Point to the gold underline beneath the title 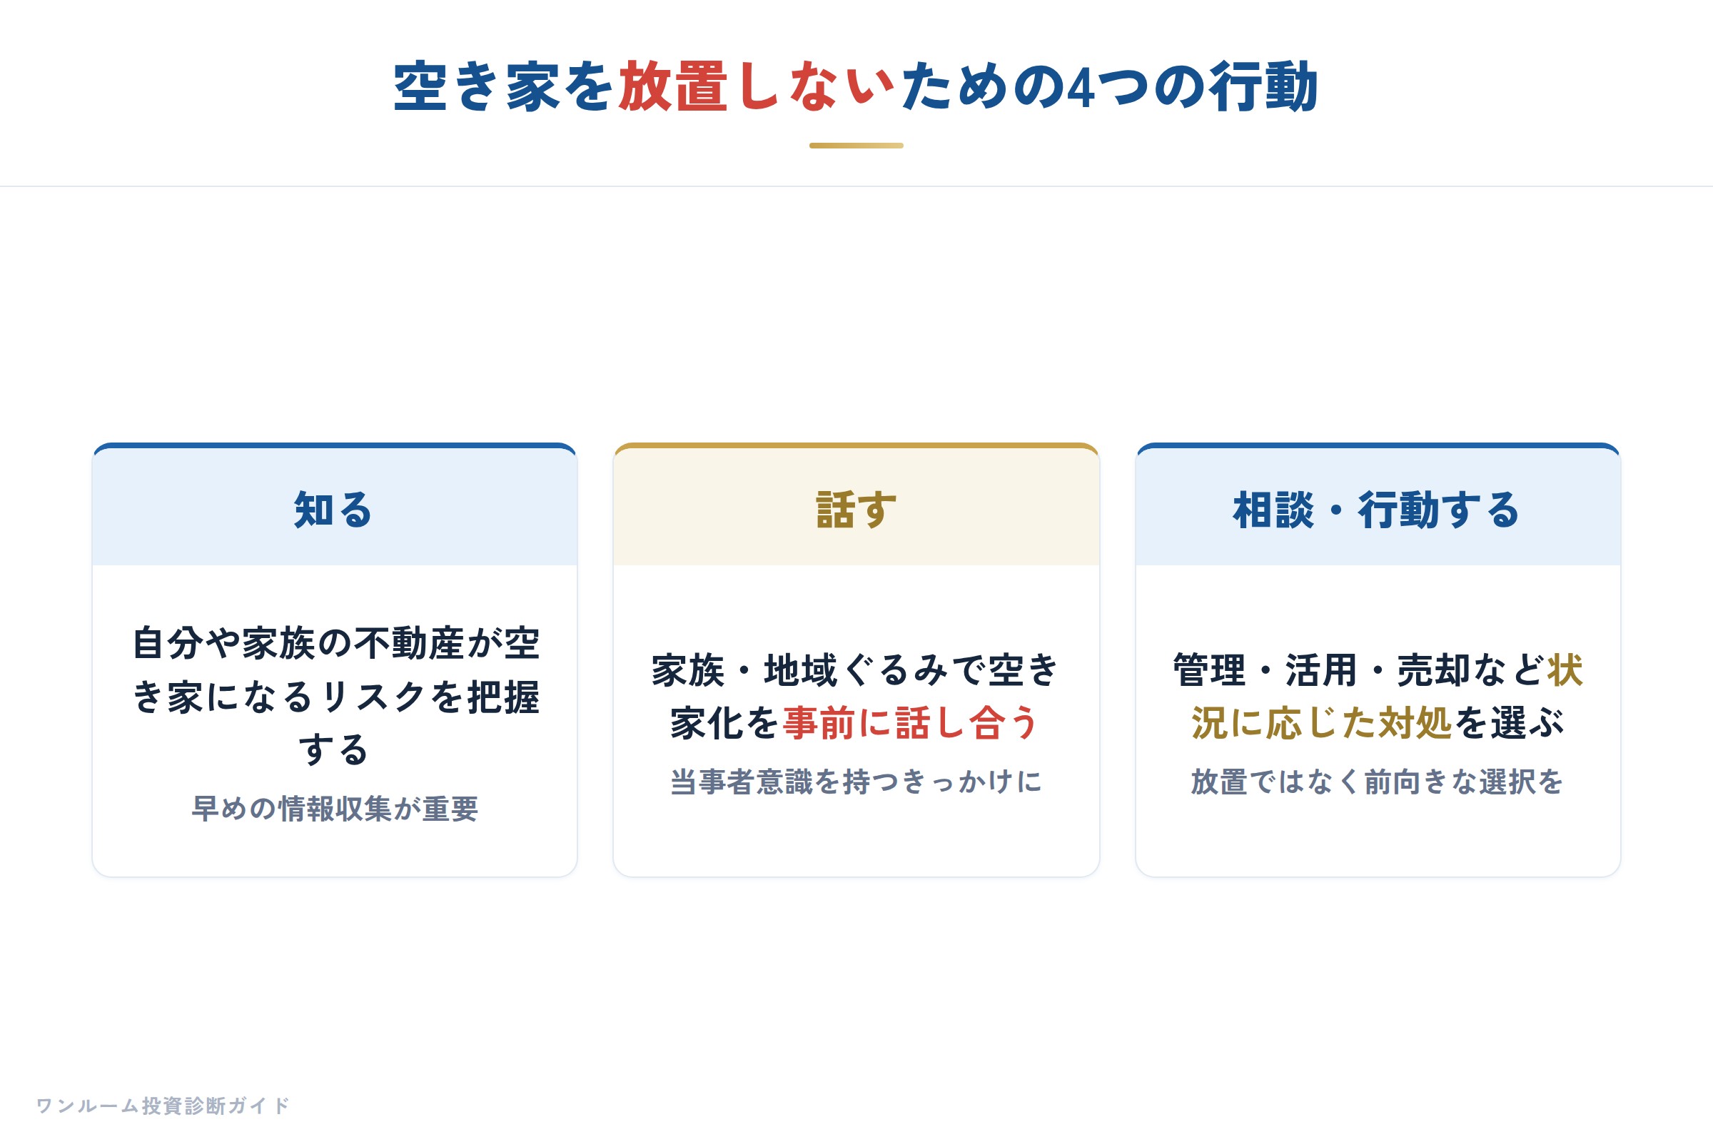856,146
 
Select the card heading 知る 333,509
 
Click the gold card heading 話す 856,509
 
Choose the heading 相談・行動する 1377,509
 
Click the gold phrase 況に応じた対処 1322,723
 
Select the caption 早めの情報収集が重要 335,809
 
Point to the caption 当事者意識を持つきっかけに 856,782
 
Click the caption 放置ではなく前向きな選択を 1378,782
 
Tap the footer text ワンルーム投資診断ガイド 163,1106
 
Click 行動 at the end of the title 1264,86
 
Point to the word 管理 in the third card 1210,670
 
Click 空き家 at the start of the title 476,86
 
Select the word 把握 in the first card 503,697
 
